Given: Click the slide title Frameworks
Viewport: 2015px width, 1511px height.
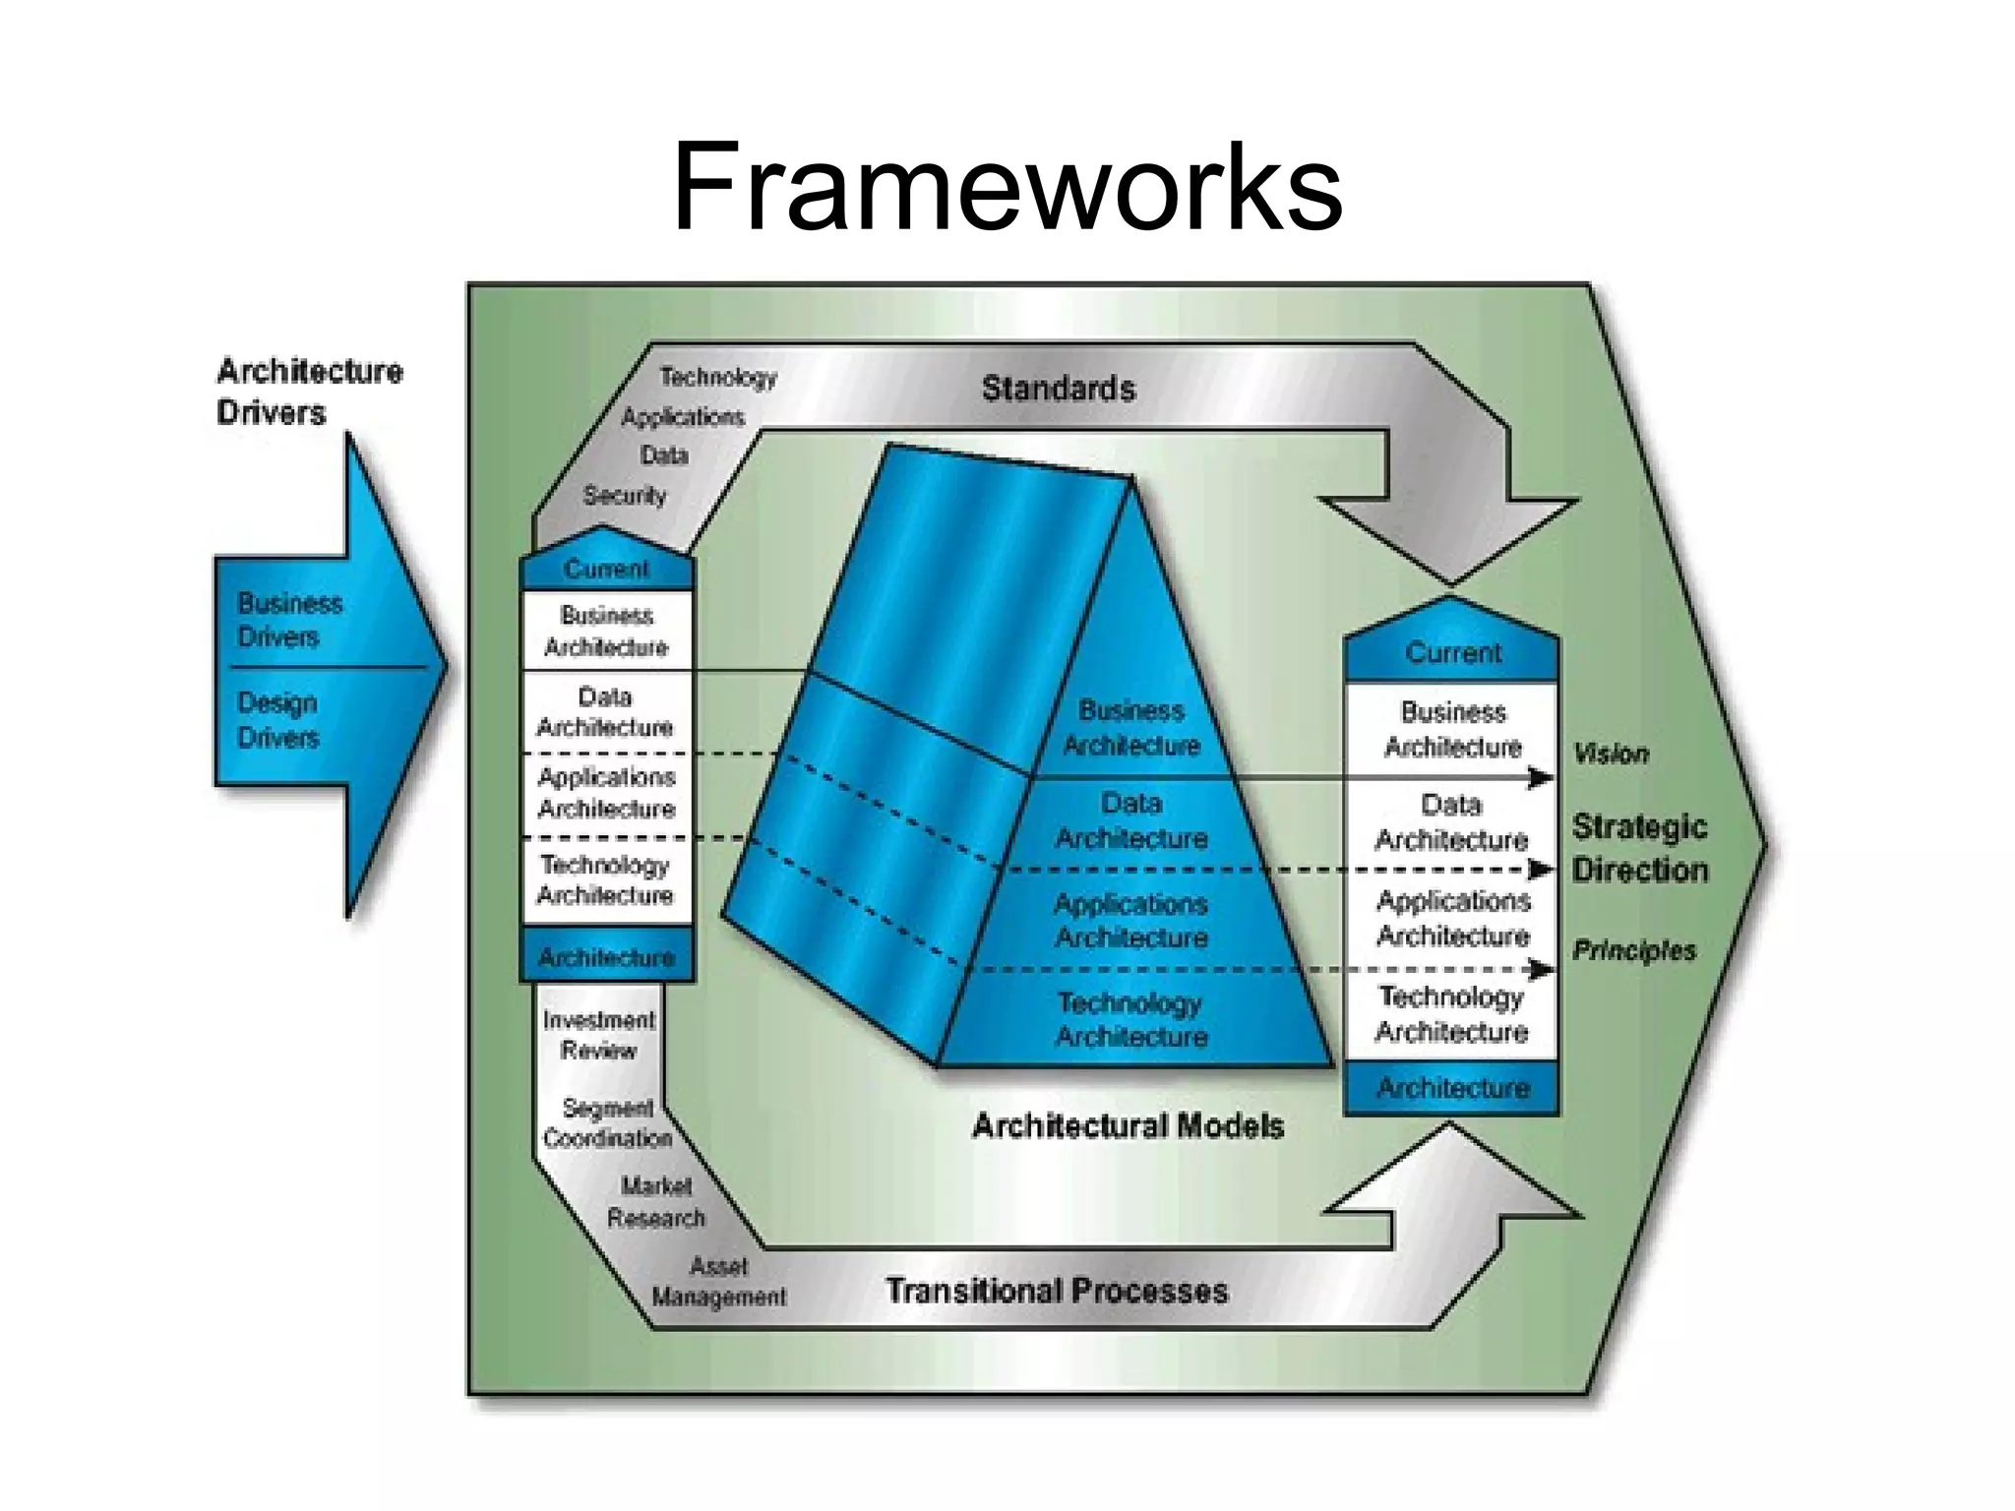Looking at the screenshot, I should (1007, 187).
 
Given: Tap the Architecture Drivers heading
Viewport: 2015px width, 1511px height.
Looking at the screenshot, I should (309, 392).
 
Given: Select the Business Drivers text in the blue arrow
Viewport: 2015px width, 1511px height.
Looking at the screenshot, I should (289, 620).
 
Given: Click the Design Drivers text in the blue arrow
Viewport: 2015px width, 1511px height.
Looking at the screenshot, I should (277, 720).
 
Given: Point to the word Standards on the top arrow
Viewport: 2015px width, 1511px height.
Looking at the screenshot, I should (1058, 389).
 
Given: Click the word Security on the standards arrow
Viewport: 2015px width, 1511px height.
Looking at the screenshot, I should (624, 495).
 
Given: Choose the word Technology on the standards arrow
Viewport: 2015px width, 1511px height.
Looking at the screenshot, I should (717, 377).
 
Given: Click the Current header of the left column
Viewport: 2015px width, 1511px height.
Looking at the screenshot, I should (606, 570).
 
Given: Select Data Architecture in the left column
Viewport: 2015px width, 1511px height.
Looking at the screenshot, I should (605, 712).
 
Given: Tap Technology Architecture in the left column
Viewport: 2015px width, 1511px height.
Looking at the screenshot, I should (605, 879).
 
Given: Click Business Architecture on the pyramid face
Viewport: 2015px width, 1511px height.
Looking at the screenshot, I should (1131, 728).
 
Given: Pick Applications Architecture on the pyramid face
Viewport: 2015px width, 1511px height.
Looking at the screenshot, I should (1131, 921).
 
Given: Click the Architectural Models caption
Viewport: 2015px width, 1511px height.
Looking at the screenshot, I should (1128, 1125).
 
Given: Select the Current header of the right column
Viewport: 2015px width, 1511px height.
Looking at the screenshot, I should (1452, 653).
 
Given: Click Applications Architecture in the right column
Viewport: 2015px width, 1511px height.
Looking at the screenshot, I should (1452, 918).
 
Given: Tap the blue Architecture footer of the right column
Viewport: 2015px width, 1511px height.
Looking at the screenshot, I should (1452, 1088).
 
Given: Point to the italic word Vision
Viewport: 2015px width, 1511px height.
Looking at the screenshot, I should (1611, 755).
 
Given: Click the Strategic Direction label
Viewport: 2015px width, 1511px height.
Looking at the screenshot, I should (1639, 848).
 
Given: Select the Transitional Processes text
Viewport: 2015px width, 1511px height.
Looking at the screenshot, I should (1057, 1291).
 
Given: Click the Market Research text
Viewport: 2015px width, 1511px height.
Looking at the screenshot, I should (656, 1202).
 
